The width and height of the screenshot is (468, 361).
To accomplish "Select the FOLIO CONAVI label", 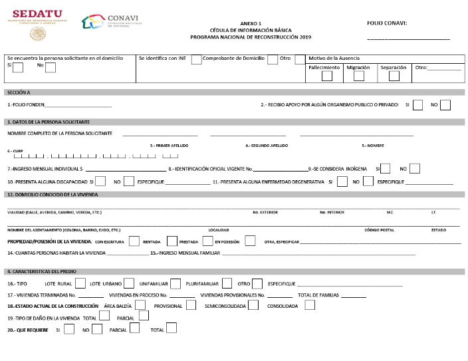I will click(386, 23).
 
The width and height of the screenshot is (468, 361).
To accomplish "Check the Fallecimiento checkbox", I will click(326, 76).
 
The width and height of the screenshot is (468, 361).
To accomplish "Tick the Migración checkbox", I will click(359, 76).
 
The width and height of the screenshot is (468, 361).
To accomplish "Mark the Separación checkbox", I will click(394, 76).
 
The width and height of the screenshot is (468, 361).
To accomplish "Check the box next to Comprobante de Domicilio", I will click(272, 59).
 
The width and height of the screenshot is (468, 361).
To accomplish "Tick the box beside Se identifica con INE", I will click(196, 59).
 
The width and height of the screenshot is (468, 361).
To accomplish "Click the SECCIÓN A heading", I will click(19, 92).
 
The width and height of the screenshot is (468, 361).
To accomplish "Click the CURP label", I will click(11, 151).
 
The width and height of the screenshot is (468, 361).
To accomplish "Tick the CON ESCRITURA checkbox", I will click(134, 241).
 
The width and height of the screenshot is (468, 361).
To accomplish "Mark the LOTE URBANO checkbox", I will click(129, 284).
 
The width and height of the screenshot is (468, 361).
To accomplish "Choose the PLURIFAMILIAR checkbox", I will click(227, 284).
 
